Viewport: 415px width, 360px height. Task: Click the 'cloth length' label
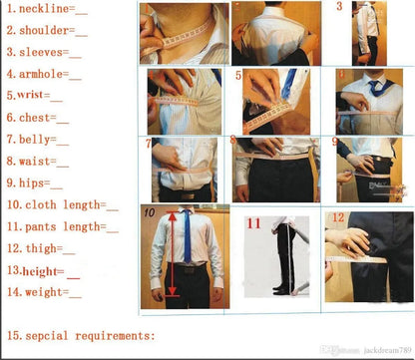pyautogui.click(x=60, y=205)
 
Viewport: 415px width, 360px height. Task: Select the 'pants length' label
pyautogui.click(x=60, y=226)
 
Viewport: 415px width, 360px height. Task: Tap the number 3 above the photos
pyautogui.click(x=338, y=7)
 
